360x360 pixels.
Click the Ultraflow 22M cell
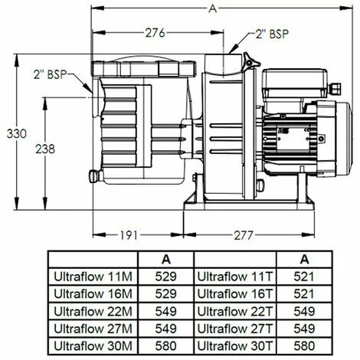(x=92, y=310)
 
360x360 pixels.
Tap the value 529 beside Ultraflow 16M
(x=165, y=293)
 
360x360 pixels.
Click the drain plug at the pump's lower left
(x=94, y=176)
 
